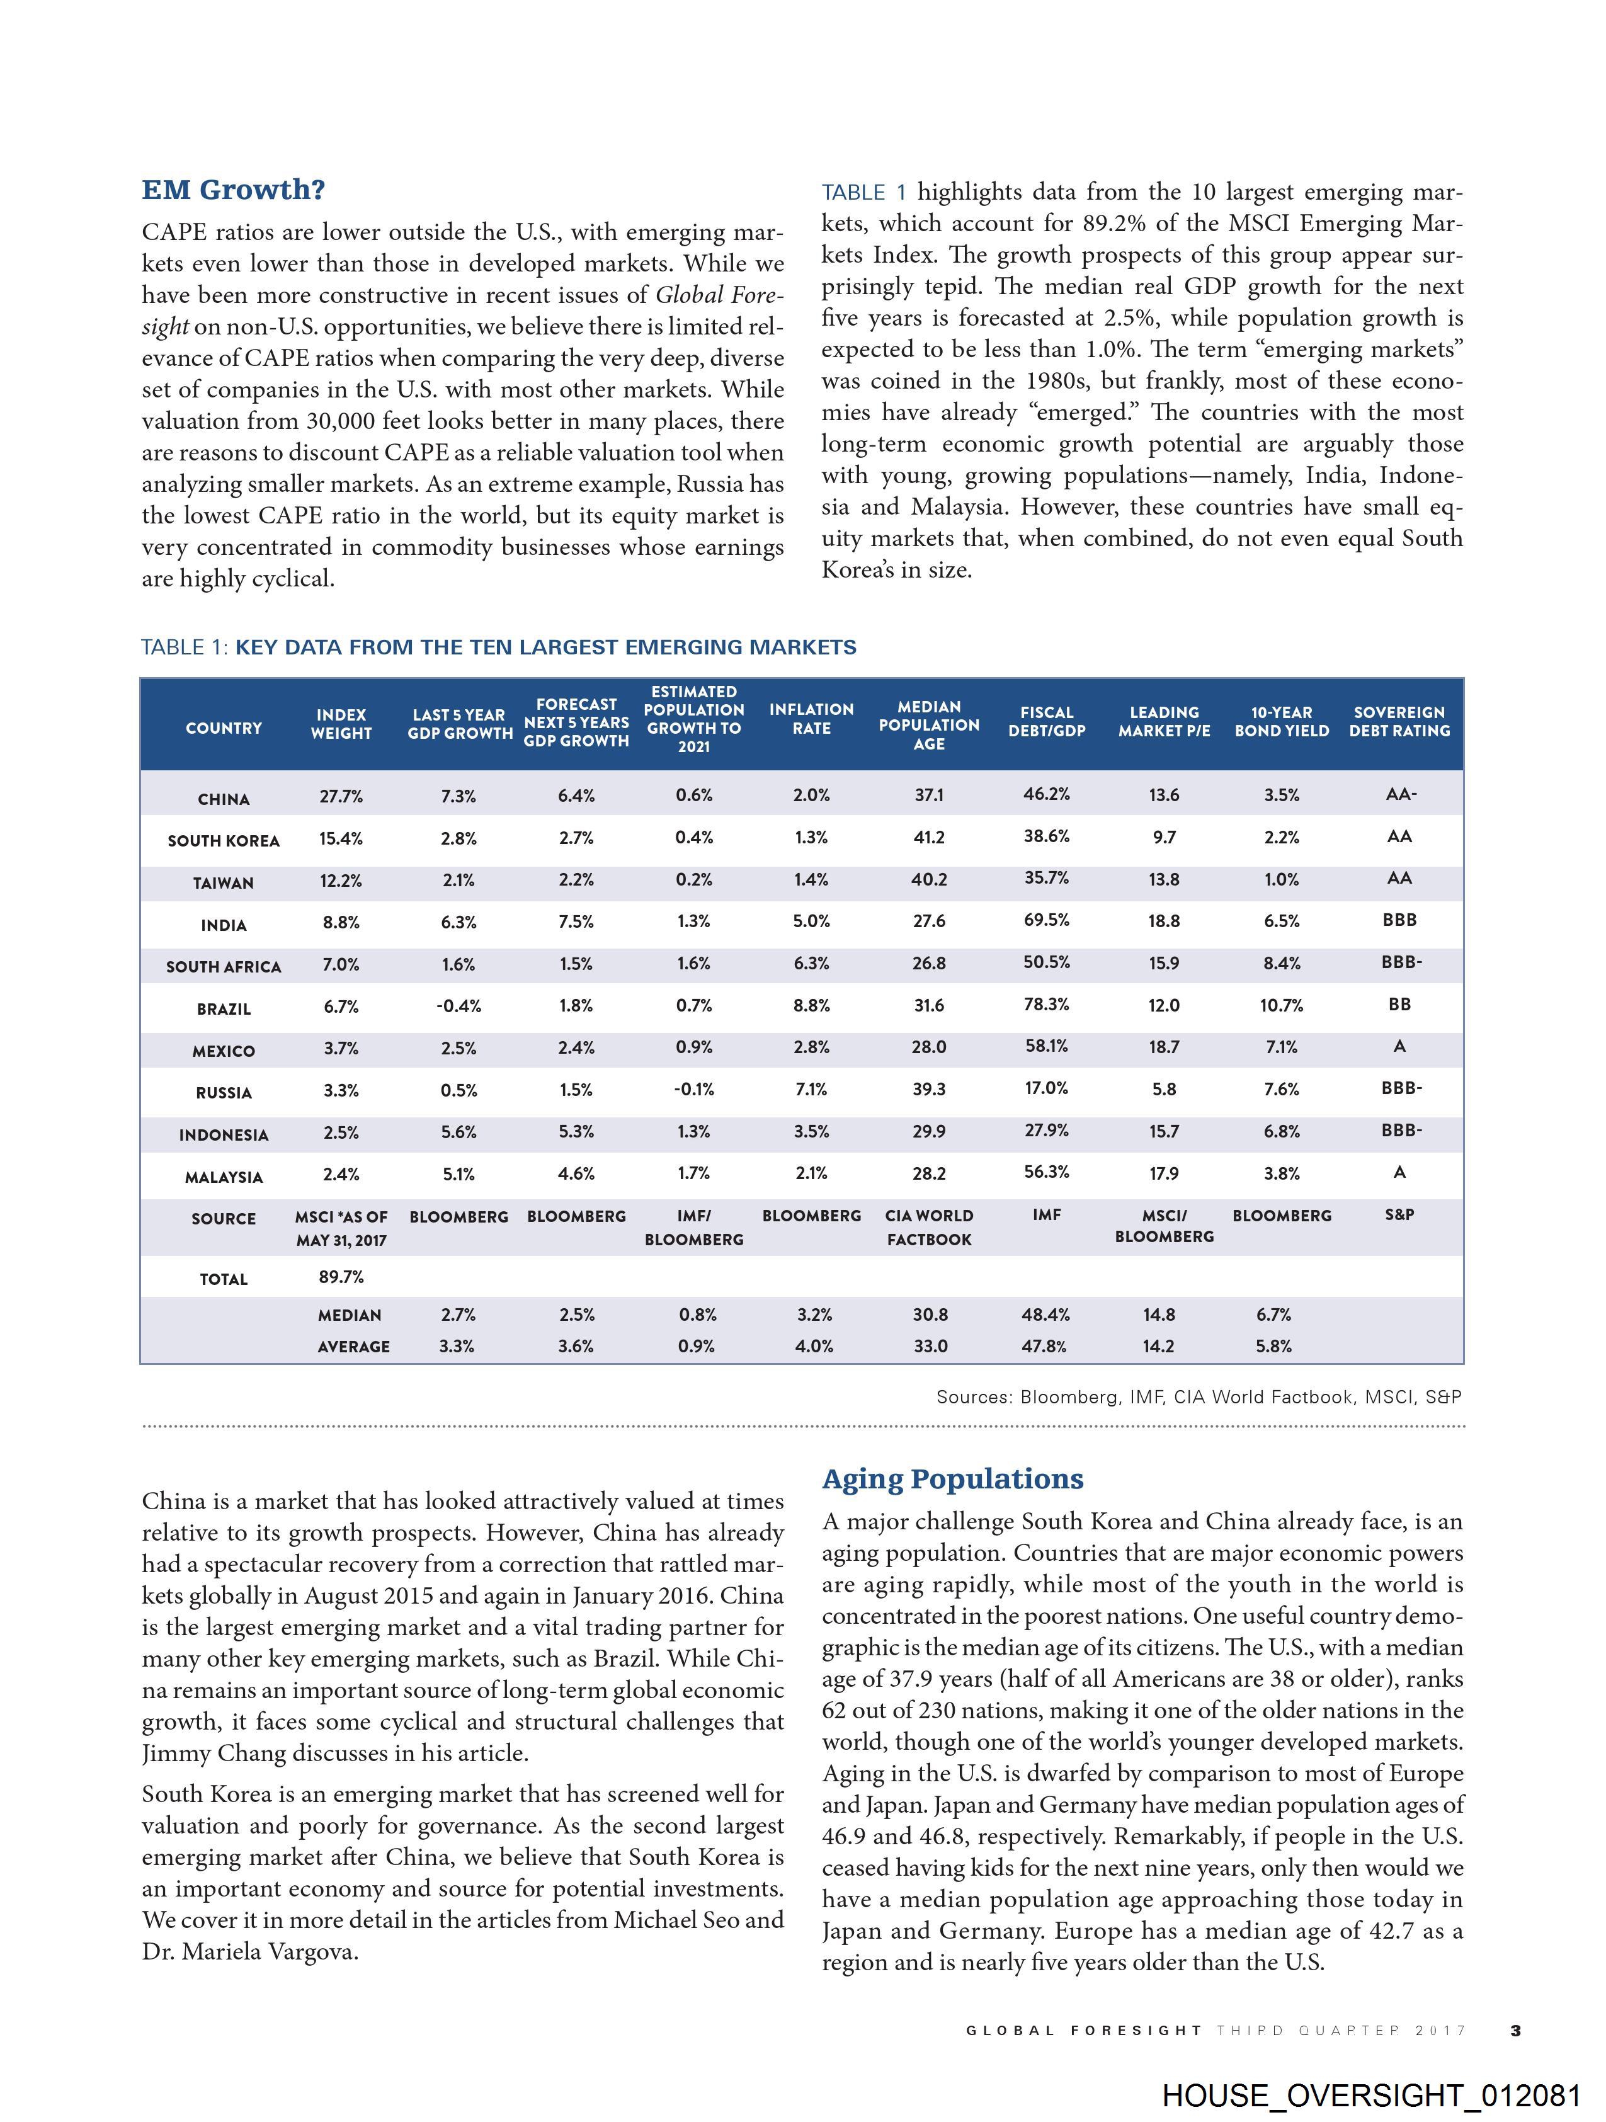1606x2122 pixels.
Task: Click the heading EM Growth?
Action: point(233,190)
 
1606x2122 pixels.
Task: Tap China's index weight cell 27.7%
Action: point(341,796)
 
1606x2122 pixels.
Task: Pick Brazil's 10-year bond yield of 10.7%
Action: point(1281,1005)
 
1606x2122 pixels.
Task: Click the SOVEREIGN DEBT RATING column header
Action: point(1399,721)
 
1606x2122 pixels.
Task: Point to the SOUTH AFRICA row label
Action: point(224,966)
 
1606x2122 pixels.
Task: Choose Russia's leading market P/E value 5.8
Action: point(1164,1089)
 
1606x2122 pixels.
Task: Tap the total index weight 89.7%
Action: point(341,1277)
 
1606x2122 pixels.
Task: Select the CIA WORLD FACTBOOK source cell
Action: point(929,1227)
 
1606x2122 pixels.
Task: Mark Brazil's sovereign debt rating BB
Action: point(1399,1005)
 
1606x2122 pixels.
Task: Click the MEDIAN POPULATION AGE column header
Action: point(929,725)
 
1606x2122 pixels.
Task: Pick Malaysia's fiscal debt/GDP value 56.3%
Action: point(1047,1172)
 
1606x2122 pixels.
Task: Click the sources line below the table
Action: point(1199,1397)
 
